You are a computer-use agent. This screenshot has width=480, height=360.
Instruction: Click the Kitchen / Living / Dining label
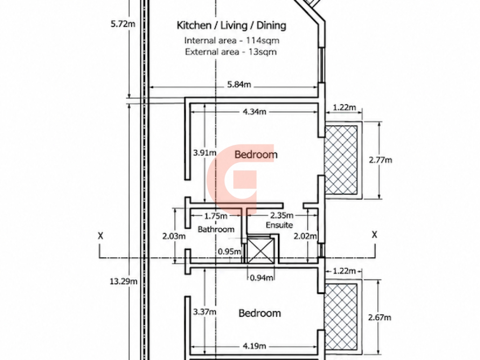point(231,25)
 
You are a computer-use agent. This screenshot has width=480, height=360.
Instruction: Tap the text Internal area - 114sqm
point(232,40)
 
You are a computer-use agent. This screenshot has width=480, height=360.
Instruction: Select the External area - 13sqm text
point(231,52)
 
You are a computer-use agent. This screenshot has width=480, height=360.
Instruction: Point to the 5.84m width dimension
point(239,84)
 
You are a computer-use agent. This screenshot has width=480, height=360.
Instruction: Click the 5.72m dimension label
point(123,24)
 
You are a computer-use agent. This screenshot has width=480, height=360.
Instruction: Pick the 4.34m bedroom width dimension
point(254,112)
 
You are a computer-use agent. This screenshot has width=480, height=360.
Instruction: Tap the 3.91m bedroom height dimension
point(204,153)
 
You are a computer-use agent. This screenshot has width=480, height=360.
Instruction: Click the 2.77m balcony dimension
point(381,160)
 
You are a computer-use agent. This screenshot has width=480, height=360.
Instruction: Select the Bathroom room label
point(216,229)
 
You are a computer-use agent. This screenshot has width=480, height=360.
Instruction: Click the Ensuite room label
point(279,225)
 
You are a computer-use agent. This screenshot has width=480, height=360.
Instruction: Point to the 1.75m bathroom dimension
point(216,216)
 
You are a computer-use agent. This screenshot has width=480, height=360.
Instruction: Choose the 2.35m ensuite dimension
point(282,216)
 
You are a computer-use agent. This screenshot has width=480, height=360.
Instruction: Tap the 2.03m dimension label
point(174,236)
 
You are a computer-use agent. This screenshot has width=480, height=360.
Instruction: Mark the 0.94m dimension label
point(262,278)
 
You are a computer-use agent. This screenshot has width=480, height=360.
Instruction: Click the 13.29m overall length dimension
point(124,281)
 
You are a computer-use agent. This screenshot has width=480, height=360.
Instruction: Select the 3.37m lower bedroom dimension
point(204,312)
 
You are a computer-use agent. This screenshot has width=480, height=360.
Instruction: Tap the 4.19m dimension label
point(254,346)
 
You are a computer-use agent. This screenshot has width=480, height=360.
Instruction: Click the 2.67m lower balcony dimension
point(380,317)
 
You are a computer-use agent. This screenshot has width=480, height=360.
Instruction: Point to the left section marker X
point(100,236)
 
